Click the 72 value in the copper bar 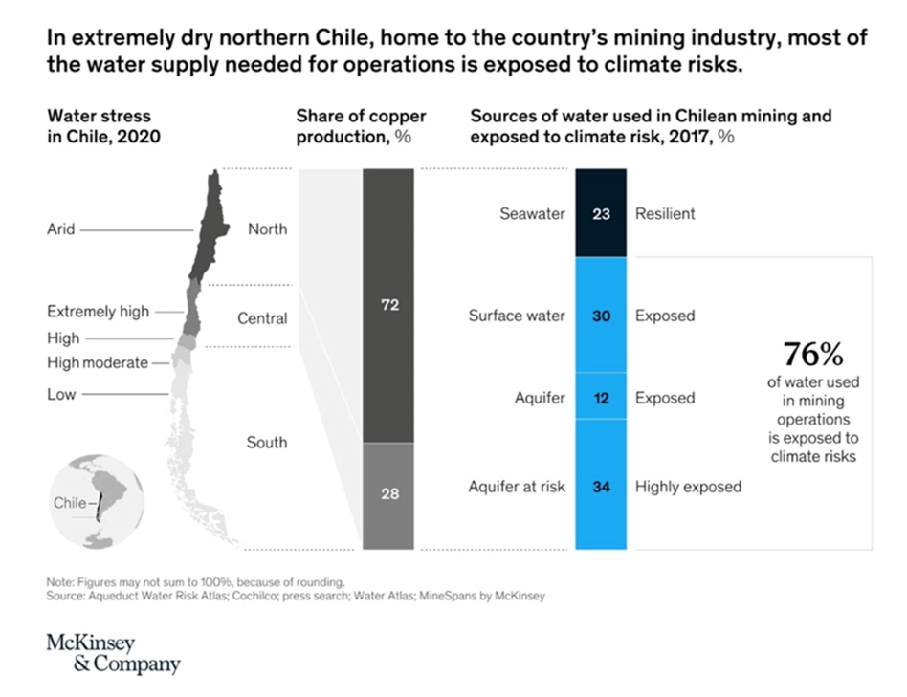[x=389, y=305]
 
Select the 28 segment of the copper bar [x=389, y=493]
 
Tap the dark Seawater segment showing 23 [x=601, y=214]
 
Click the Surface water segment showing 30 [x=601, y=316]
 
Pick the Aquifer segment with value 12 [x=601, y=397]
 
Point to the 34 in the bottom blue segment [x=601, y=486]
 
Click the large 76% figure [x=812, y=355]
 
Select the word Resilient [x=665, y=214]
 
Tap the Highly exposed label [x=688, y=487]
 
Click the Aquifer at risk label [x=517, y=487]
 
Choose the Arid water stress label [x=61, y=229]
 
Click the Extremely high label [x=99, y=312]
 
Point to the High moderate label [x=98, y=362]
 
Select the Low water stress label [x=61, y=394]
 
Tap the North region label [x=267, y=229]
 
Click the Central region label [x=263, y=317]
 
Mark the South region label [x=267, y=443]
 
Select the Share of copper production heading [x=361, y=126]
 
